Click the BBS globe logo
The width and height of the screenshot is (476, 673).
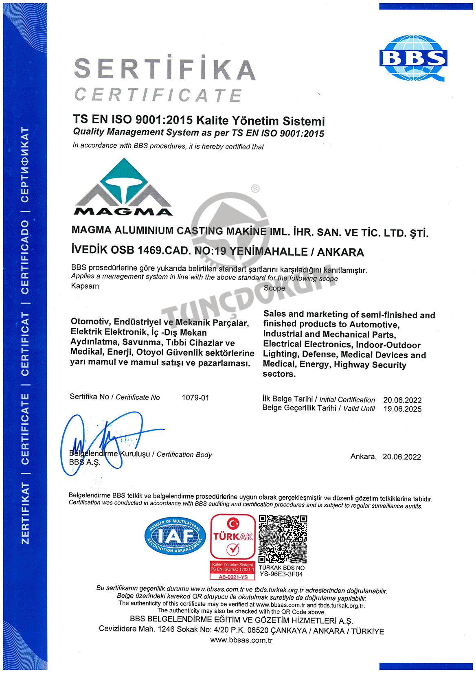pyautogui.click(x=413, y=58)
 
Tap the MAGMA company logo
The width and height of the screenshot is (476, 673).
pyautogui.click(x=123, y=188)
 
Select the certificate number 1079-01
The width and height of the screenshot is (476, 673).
pyautogui.click(x=195, y=398)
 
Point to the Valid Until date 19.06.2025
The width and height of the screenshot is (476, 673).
pyautogui.click(x=402, y=409)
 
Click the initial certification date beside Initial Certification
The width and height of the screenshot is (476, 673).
pyautogui.click(x=402, y=400)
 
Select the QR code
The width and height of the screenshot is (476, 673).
pyautogui.click(x=283, y=539)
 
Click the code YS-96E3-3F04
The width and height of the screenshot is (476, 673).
pyautogui.click(x=281, y=574)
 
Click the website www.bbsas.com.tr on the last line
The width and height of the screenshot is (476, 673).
pyautogui.click(x=241, y=640)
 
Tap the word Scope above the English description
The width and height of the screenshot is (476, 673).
pyautogui.click(x=274, y=288)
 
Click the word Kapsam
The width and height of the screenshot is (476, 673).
pyautogui.click(x=85, y=286)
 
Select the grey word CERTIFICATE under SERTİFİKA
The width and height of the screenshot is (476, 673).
pyautogui.click(x=158, y=95)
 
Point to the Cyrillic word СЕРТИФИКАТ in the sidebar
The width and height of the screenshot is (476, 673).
pyautogui.click(x=25, y=164)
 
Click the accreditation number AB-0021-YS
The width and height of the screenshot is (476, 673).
pyautogui.click(x=233, y=577)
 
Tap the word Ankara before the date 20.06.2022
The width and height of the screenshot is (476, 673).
pyautogui.click(x=363, y=456)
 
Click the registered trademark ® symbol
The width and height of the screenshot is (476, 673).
pyautogui.click(x=255, y=189)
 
